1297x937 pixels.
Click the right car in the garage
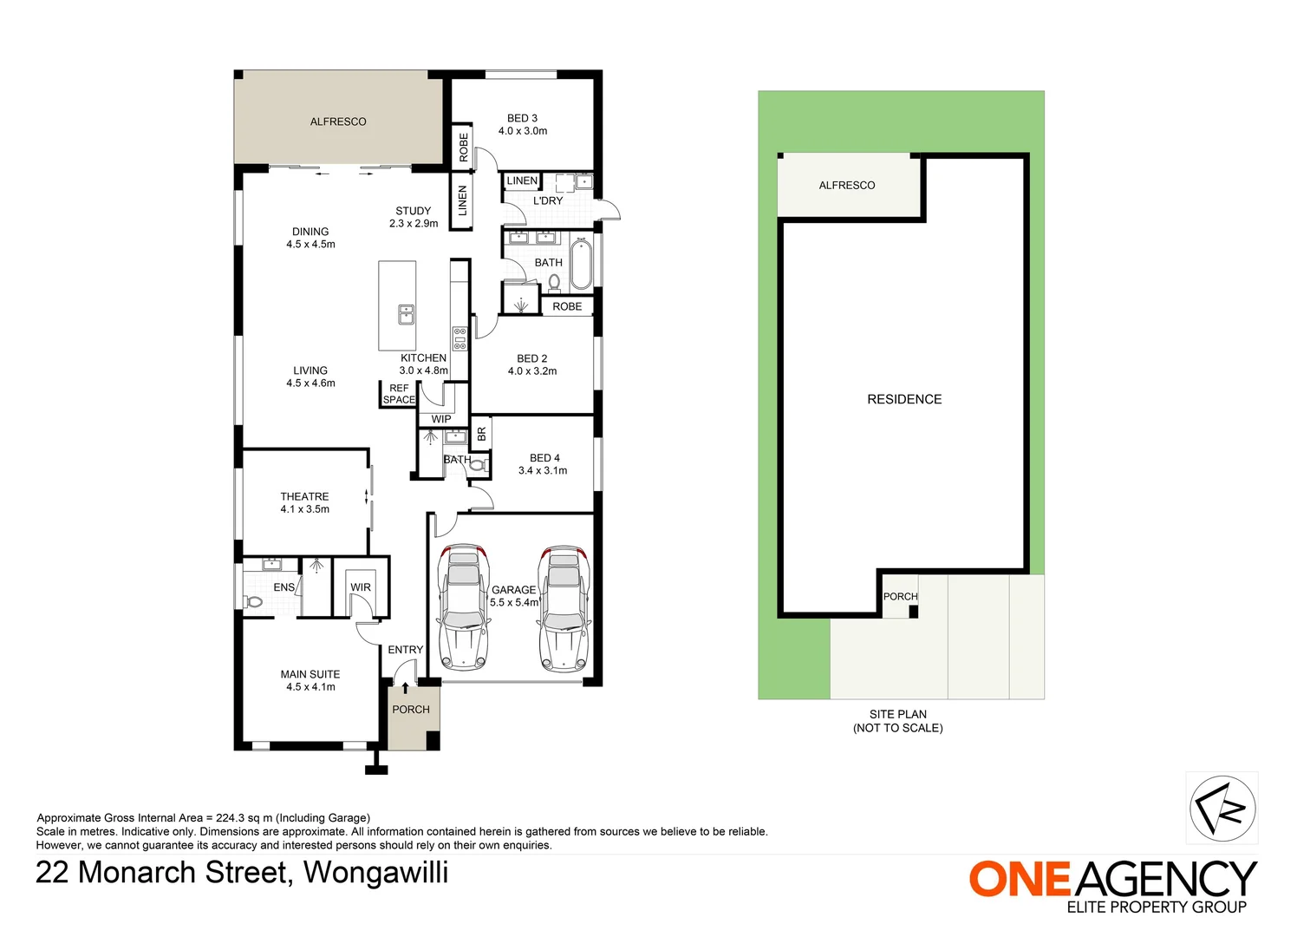[564, 607]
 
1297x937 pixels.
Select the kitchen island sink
[406, 314]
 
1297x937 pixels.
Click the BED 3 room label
[522, 118]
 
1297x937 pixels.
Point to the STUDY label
[413, 211]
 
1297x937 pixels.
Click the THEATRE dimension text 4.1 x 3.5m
[304, 509]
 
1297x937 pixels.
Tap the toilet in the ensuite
[253, 601]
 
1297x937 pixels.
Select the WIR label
[361, 587]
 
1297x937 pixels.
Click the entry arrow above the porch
[405, 688]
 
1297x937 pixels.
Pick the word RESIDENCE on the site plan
[904, 399]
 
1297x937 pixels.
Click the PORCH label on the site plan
[900, 597]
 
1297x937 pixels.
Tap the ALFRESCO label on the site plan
[847, 186]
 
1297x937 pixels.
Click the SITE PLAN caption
[898, 714]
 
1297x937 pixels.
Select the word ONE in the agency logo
[1020, 879]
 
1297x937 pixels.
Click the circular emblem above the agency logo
[1222, 808]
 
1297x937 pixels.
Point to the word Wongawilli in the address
[376, 872]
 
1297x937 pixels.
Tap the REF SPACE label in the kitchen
[399, 394]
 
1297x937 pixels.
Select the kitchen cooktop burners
[459, 338]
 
